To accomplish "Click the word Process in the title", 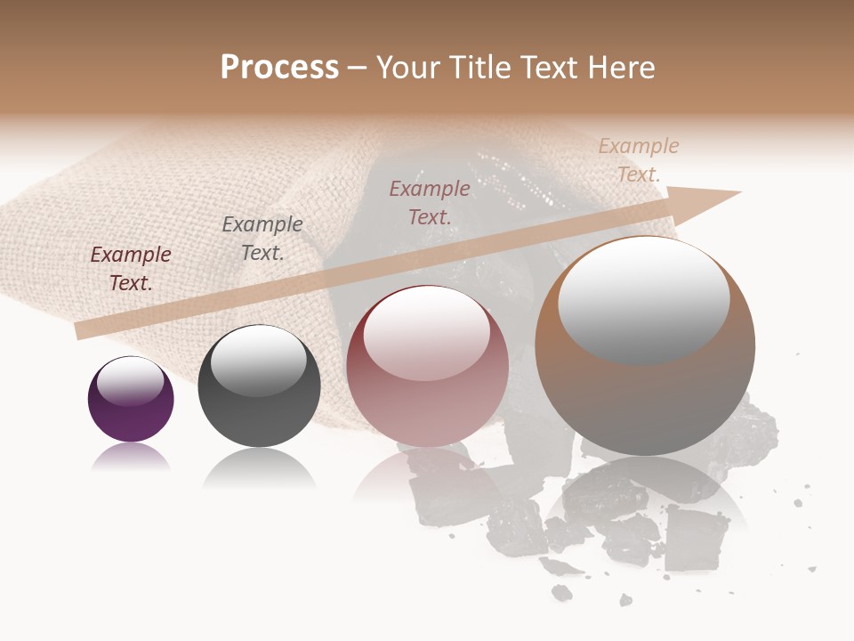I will pyautogui.click(x=279, y=68).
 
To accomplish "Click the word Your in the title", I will pyautogui.click(x=408, y=68).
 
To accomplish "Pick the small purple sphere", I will pyautogui.click(x=131, y=400).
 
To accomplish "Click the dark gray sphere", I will pyautogui.click(x=259, y=387).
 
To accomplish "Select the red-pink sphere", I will pyautogui.click(x=427, y=367).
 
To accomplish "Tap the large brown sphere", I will pyautogui.click(x=645, y=345).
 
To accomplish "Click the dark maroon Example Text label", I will pyautogui.click(x=131, y=268).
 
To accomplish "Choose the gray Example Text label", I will pyautogui.click(x=262, y=238).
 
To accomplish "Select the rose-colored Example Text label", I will pyautogui.click(x=430, y=202).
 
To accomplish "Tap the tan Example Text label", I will pyautogui.click(x=638, y=160).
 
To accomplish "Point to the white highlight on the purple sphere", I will pyautogui.click(x=131, y=382).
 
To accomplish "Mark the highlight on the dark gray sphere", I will pyautogui.click(x=258, y=361).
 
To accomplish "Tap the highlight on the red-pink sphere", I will pyautogui.click(x=426, y=333).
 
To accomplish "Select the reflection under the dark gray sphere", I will pyautogui.click(x=259, y=467).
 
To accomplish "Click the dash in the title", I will pyautogui.click(x=358, y=69).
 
